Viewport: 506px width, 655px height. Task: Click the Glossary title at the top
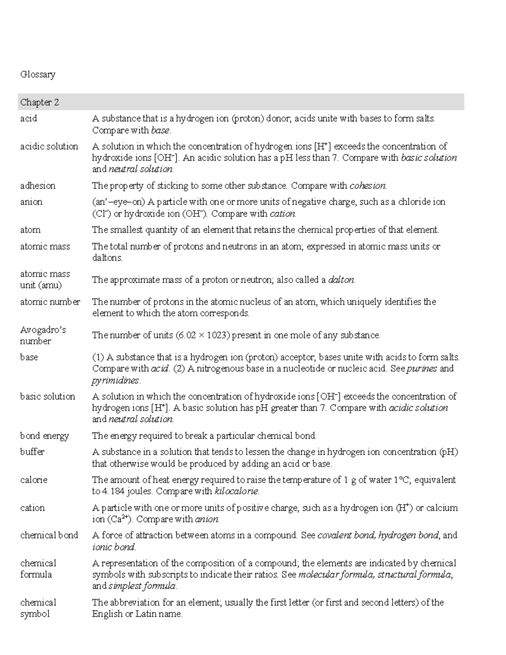click(38, 75)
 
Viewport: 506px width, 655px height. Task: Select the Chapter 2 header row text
click(39, 102)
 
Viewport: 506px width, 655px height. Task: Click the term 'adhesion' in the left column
click(38, 186)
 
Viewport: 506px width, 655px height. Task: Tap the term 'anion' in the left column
click(31, 202)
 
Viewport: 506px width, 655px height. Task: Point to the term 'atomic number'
click(50, 302)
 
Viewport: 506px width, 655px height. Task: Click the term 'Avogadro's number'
click(43, 335)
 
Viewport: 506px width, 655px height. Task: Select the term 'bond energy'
click(44, 436)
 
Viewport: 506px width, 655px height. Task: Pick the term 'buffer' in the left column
click(32, 452)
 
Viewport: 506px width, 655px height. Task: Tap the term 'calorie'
click(34, 480)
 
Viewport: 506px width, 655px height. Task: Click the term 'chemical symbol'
click(38, 608)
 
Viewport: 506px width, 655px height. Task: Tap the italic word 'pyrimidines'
click(115, 380)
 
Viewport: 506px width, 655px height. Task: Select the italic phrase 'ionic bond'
click(113, 547)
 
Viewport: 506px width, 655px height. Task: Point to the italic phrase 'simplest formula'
click(142, 586)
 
